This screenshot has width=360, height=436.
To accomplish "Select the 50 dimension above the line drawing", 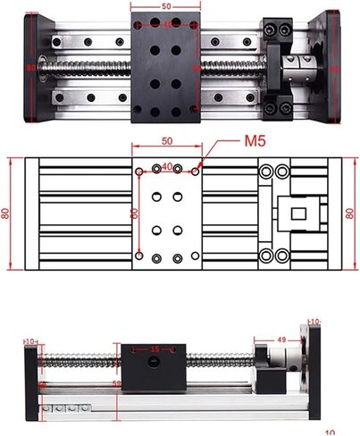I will pyautogui.click(x=166, y=141).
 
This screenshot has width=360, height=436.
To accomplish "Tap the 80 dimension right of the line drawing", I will pyautogui.click(x=350, y=213).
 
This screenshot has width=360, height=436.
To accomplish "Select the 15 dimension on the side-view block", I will pyautogui.click(x=155, y=348).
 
